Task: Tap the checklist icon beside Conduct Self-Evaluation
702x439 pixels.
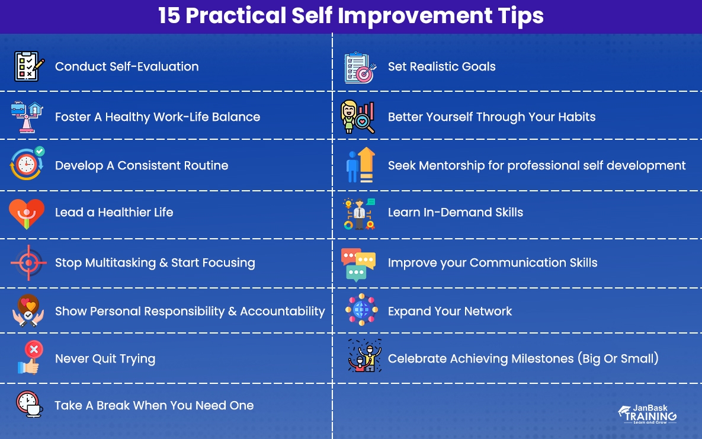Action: pyautogui.click(x=29, y=66)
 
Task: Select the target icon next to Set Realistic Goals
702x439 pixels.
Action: pyautogui.click(x=360, y=68)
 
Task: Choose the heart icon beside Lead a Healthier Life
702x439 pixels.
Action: pyautogui.click(x=27, y=213)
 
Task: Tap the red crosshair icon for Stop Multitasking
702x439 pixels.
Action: pyautogui.click(x=28, y=262)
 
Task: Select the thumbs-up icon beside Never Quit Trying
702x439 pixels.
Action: pyautogui.click(x=28, y=358)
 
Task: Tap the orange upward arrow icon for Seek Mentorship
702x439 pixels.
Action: pyautogui.click(x=367, y=164)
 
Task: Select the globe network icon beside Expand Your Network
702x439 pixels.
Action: pyautogui.click(x=361, y=310)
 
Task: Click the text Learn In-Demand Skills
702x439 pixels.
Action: pyautogui.click(x=455, y=212)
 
